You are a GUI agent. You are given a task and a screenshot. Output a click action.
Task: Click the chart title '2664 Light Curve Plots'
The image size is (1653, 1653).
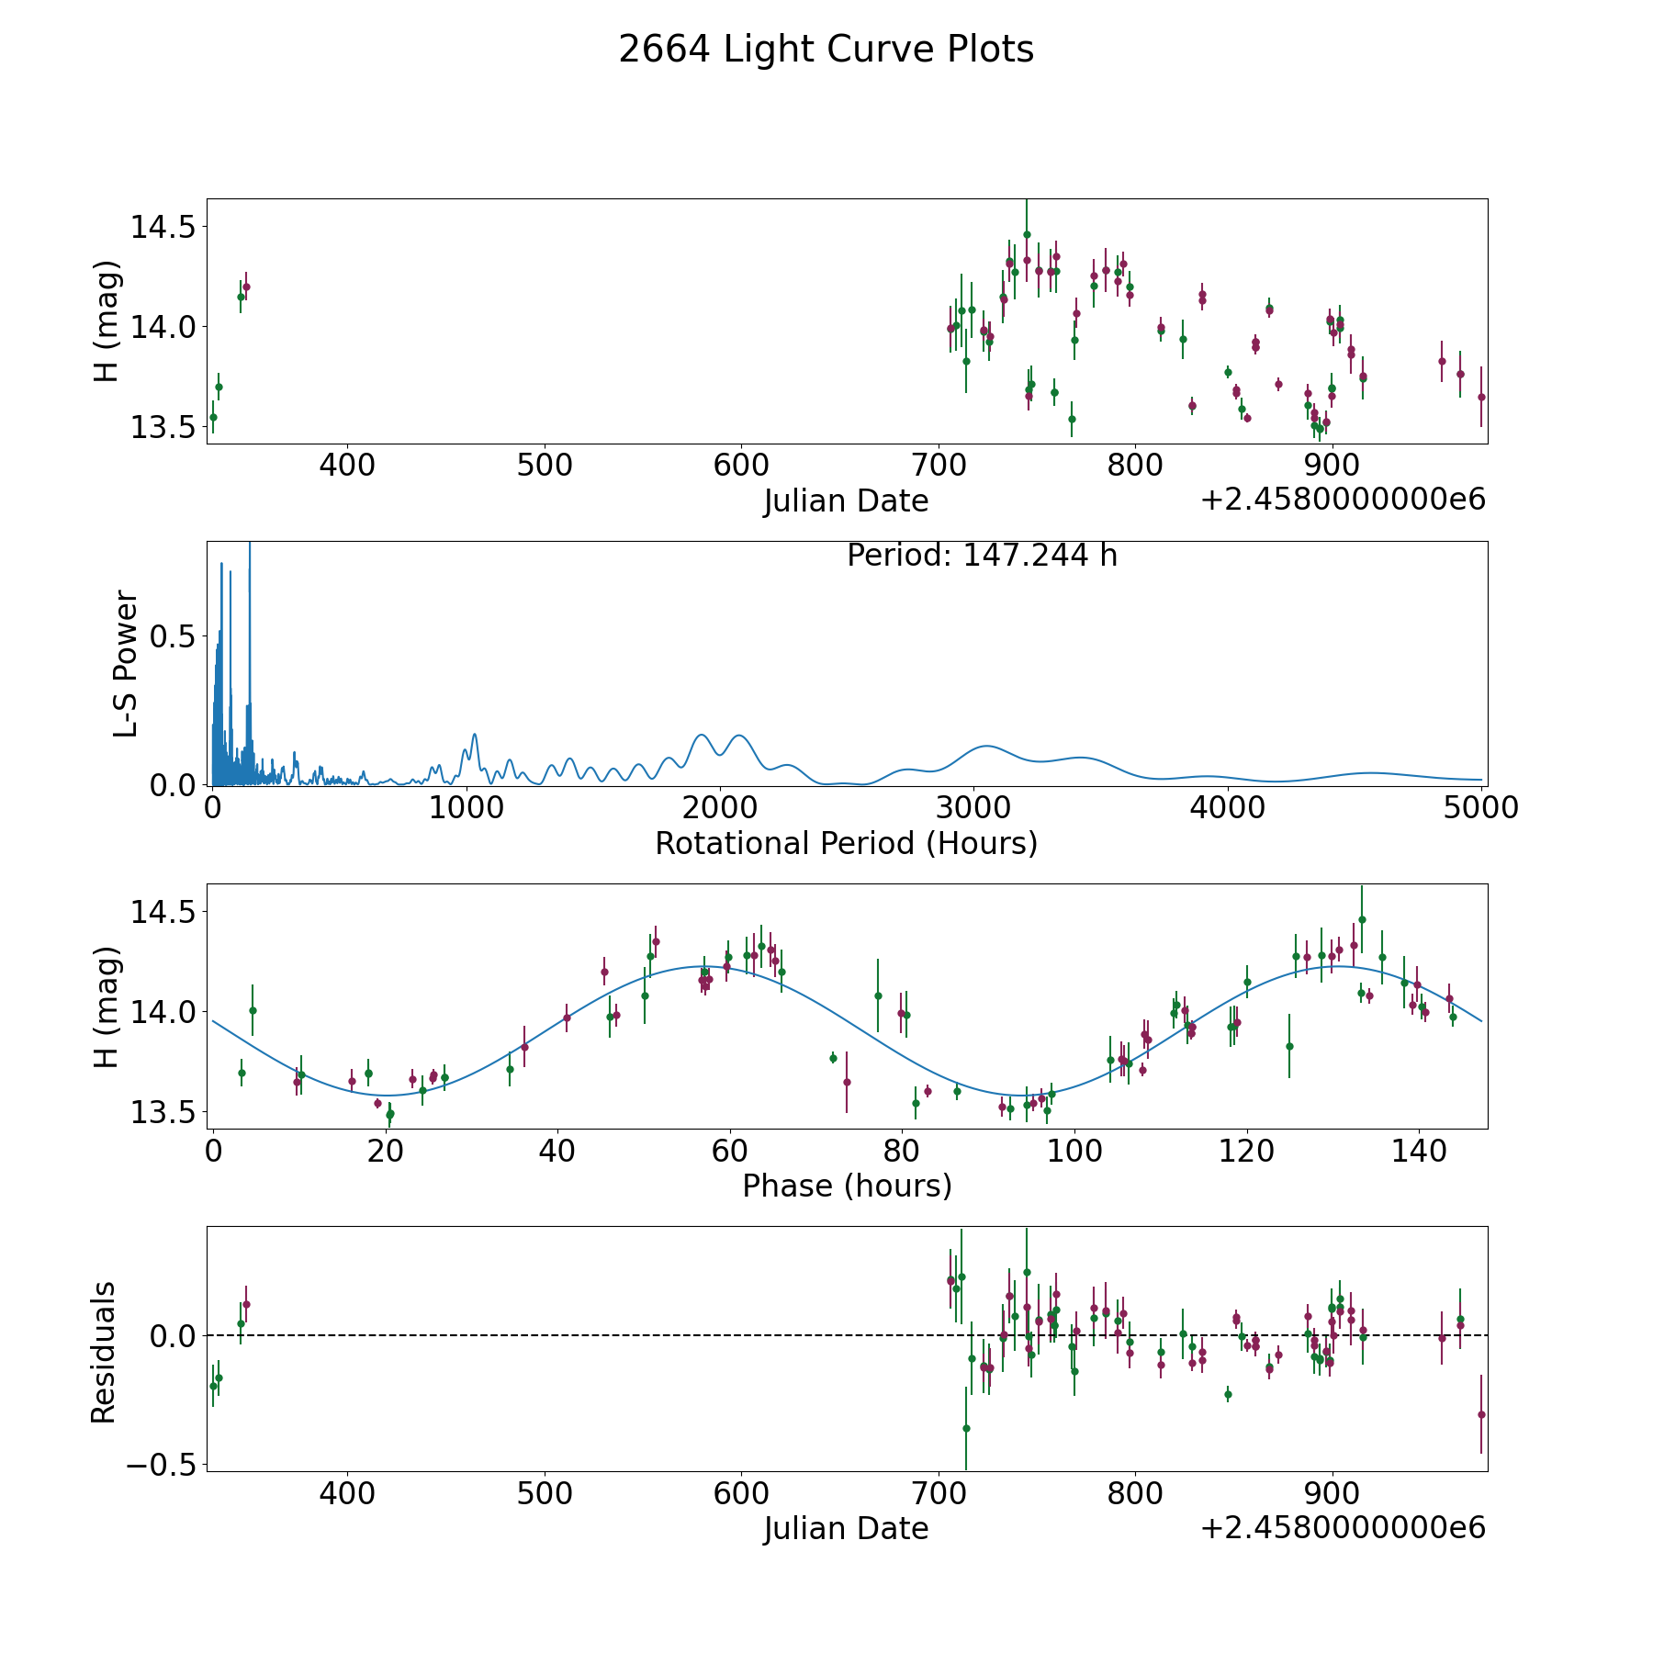826,50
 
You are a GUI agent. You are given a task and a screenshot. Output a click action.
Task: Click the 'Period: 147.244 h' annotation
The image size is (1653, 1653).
982,556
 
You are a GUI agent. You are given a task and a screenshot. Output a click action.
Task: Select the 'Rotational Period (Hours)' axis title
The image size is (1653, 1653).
846,843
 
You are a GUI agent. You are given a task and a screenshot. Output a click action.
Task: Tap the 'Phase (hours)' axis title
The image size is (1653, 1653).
847,1186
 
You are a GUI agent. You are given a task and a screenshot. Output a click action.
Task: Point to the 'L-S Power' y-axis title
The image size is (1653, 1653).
126,663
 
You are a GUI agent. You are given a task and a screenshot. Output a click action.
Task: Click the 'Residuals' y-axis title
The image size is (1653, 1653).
103,1352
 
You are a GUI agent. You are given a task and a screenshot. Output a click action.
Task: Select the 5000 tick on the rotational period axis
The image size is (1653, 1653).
1480,808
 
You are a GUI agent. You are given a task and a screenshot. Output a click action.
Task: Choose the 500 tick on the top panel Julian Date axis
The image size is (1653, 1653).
544,466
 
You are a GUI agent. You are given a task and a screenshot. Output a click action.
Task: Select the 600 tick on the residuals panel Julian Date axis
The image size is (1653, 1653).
741,1494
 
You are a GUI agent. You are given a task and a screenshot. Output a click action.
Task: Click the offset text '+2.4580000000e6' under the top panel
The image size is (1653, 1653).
1343,500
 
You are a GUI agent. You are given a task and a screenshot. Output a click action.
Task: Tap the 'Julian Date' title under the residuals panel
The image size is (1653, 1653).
846,1529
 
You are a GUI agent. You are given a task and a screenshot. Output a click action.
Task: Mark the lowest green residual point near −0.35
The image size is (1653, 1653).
966,1428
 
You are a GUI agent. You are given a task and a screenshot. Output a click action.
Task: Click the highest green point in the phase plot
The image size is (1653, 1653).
1362,919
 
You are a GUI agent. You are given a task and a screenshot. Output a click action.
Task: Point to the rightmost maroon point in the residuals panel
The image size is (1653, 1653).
1481,1414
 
